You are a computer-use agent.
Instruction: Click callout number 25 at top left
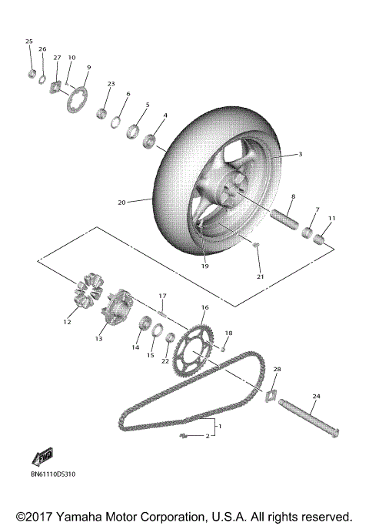[x=29, y=41]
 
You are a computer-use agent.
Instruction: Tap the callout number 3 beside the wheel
[x=301, y=154]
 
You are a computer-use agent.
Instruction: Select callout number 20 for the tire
[x=121, y=203]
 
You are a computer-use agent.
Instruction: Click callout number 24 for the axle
[x=315, y=397]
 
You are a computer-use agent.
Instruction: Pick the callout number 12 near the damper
[x=67, y=322]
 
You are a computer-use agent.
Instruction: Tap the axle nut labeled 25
[x=32, y=74]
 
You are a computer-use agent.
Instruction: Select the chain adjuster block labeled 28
[x=271, y=396]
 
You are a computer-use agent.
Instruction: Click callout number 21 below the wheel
[x=260, y=276]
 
